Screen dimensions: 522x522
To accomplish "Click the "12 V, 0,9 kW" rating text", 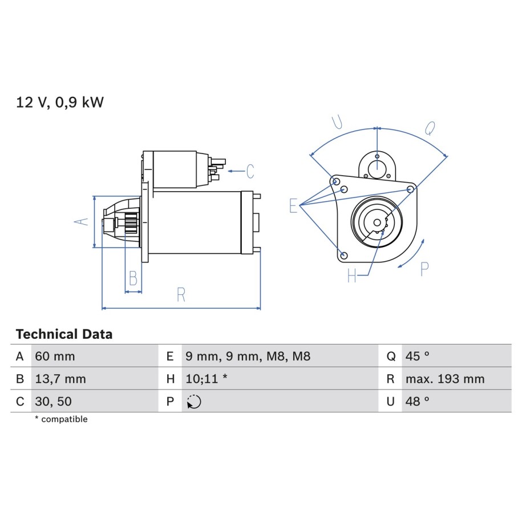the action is point(60,102).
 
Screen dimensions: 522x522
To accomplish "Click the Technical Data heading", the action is point(64,334).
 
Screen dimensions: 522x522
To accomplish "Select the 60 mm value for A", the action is point(55,356).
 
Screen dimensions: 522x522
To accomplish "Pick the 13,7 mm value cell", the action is point(60,379).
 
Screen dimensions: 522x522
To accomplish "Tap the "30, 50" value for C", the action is point(53,402).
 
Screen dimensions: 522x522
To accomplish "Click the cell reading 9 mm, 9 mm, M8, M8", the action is point(248,356).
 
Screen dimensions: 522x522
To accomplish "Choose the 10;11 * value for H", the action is point(207,379).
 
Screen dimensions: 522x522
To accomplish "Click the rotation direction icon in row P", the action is point(194,402).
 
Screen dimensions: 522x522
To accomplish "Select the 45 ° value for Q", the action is point(418,356).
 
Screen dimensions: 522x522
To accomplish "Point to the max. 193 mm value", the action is point(445,379).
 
